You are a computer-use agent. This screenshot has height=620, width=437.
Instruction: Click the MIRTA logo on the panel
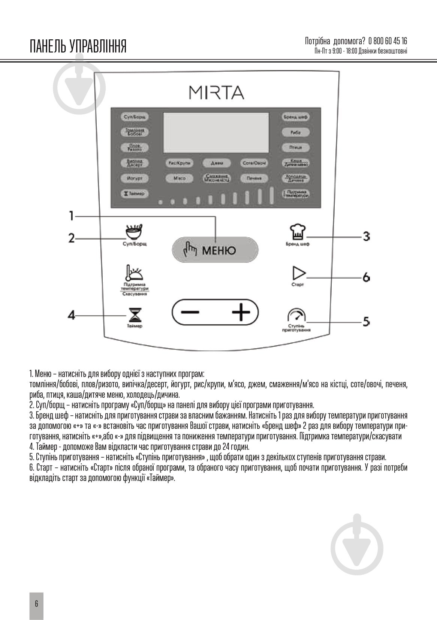[217, 92]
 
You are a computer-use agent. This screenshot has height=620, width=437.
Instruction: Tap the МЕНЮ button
[215, 250]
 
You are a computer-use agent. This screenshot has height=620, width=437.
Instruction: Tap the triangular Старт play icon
[299, 273]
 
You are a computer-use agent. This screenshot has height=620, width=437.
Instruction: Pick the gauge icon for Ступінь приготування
[296, 316]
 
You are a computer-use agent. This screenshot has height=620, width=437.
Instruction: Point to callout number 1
[71, 216]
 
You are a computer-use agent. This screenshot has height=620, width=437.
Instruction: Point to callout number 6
[366, 277]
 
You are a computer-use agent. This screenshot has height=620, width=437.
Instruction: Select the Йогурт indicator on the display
[135, 178]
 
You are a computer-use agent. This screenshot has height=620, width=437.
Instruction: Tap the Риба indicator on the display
[295, 132]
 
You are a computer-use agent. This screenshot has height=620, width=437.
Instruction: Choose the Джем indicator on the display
[217, 163]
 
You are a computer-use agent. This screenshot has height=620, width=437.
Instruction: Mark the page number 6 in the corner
[36, 604]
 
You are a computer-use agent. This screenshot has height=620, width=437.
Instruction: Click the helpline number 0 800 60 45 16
[388, 41]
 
